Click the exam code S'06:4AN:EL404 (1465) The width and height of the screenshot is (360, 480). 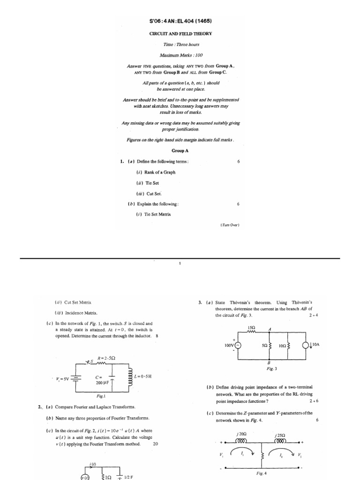[x=180, y=22]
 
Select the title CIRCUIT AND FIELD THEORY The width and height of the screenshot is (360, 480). [x=180, y=34]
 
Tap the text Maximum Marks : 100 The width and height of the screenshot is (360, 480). [x=180, y=55]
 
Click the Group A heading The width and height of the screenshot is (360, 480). [x=180, y=151]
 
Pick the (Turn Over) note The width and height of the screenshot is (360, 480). [x=230, y=225]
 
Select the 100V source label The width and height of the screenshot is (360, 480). [x=228, y=345]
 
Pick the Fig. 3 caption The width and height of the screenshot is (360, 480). [x=272, y=368]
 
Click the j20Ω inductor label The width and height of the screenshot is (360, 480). [x=242, y=434]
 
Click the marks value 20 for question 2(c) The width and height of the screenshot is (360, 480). [x=156, y=443]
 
